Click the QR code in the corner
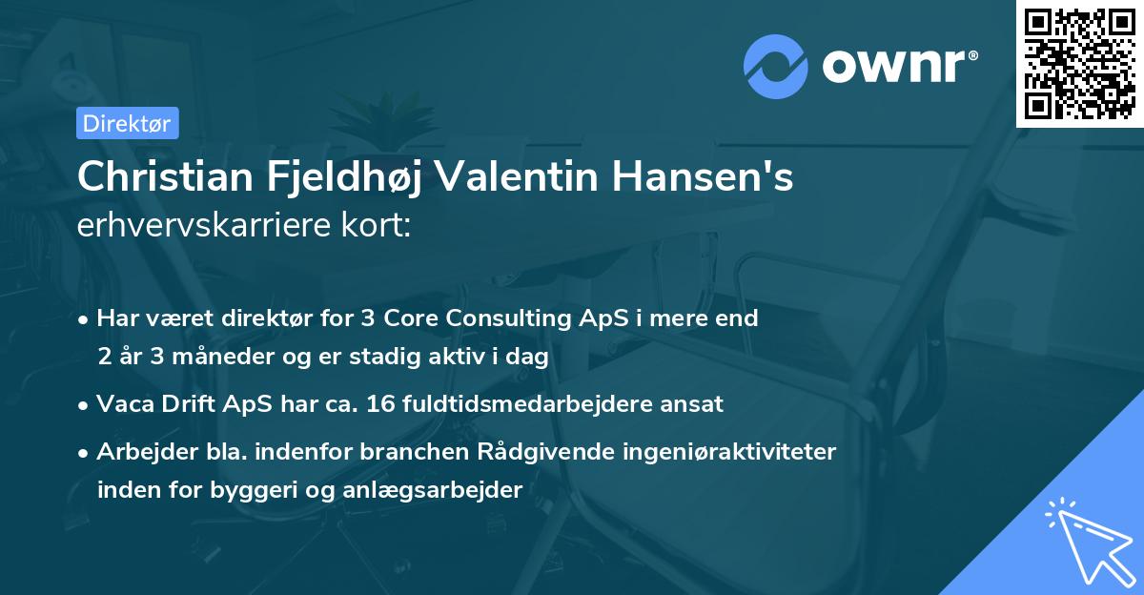tap(1080, 63)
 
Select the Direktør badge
tap(126, 123)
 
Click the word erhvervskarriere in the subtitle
tap(188, 228)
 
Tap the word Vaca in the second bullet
tap(122, 403)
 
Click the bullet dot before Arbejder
tap(85, 452)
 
